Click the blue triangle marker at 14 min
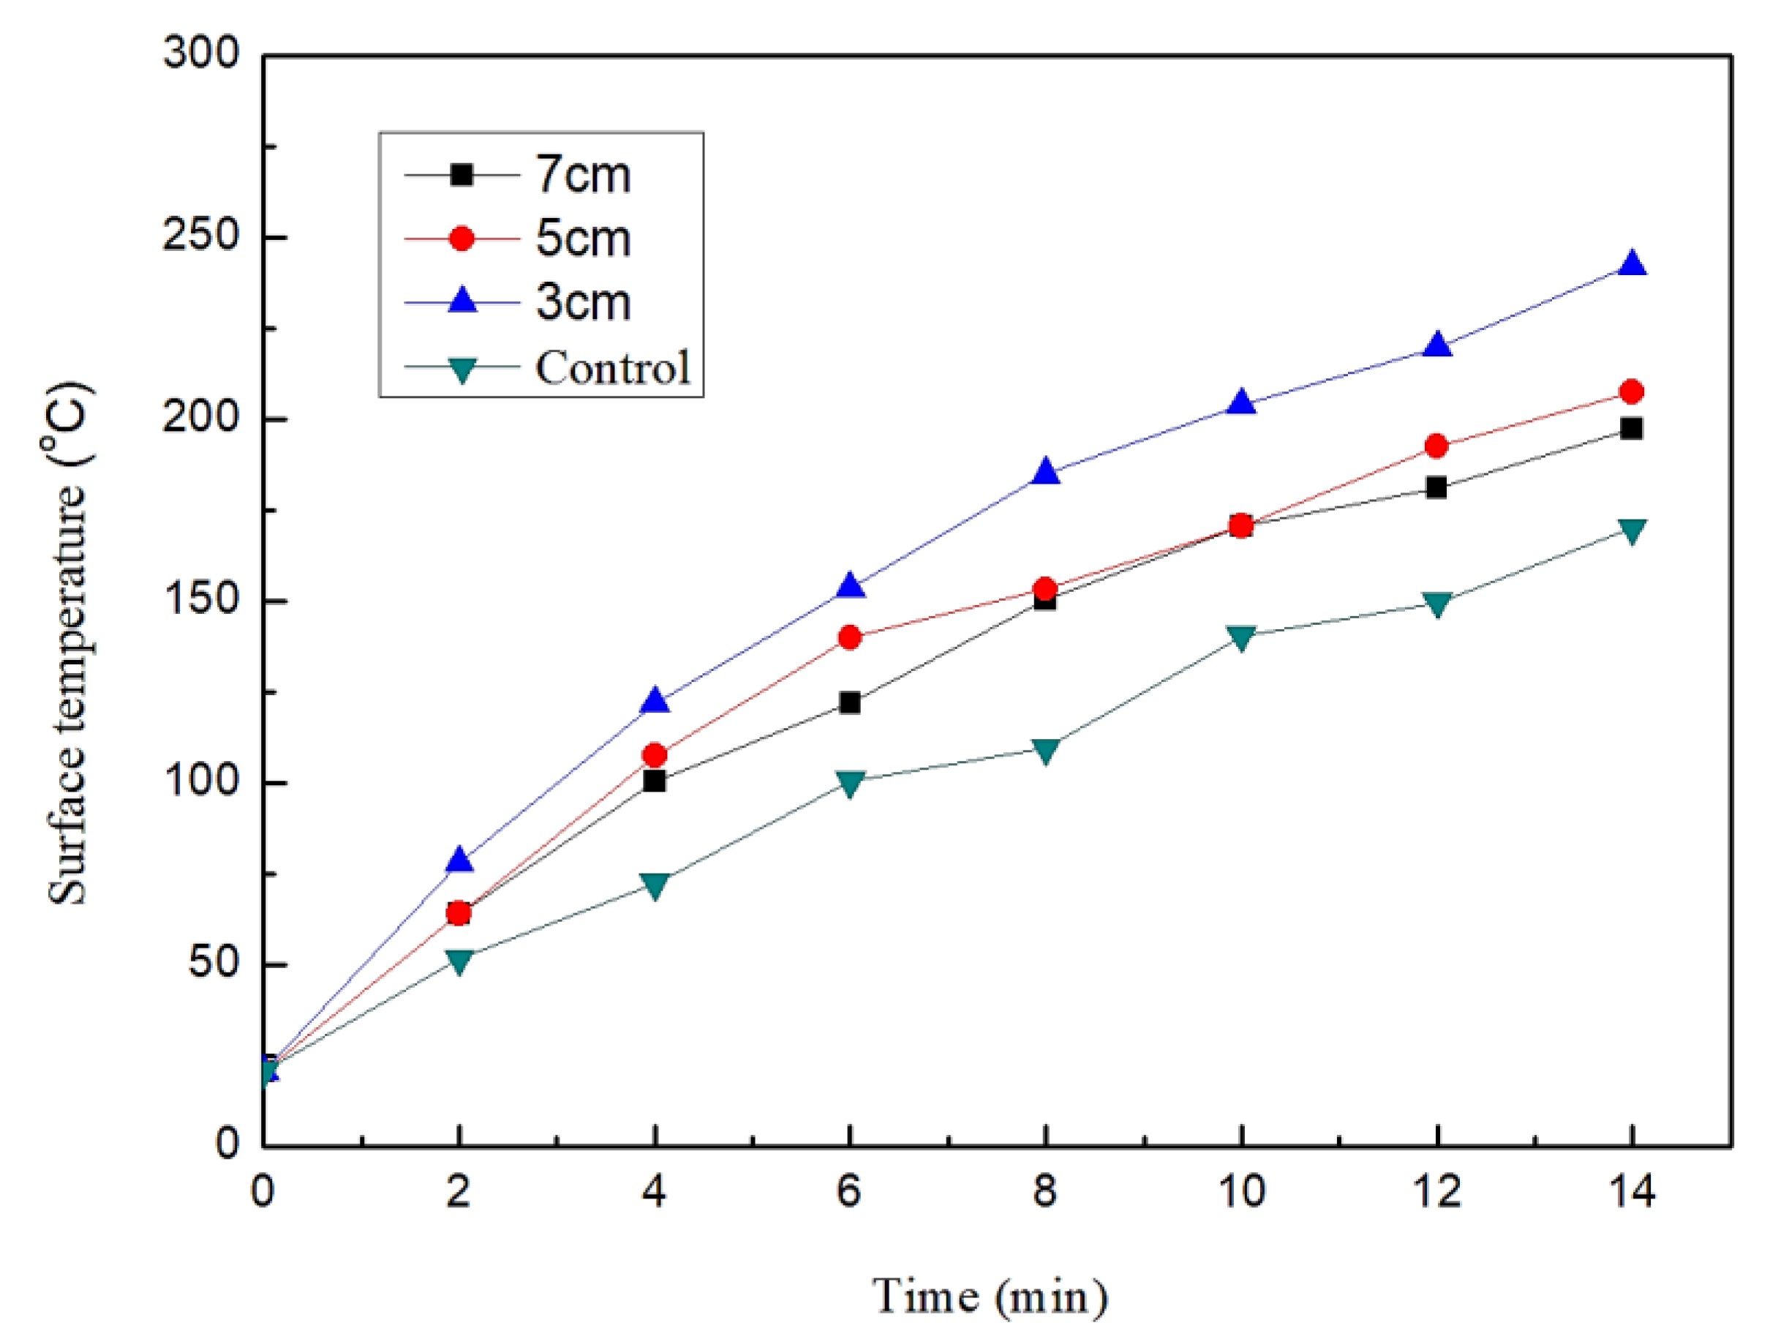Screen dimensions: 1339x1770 [x=1632, y=264]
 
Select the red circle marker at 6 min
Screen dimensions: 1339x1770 [x=849, y=637]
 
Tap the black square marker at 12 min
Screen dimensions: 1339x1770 [x=1436, y=487]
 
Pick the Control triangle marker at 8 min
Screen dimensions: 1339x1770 [x=1045, y=750]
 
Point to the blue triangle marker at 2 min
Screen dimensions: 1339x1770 [x=459, y=860]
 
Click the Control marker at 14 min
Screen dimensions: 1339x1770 [x=1632, y=530]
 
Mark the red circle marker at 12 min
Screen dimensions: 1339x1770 [x=1436, y=446]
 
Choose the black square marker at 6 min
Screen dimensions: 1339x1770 [x=849, y=702]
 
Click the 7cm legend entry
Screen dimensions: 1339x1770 [x=582, y=173]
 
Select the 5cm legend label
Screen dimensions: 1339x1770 [x=582, y=239]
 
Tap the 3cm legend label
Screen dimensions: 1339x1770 [x=582, y=302]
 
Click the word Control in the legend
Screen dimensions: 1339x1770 [x=612, y=367]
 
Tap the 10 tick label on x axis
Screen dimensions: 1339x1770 [x=1241, y=1191]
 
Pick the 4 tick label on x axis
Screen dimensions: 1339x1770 [x=654, y=1191]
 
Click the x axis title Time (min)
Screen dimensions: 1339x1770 [x=990, y=1295]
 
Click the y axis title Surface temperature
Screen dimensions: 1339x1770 [x=67, y=645]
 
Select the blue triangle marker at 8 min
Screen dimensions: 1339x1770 [x=1045, y=472]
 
